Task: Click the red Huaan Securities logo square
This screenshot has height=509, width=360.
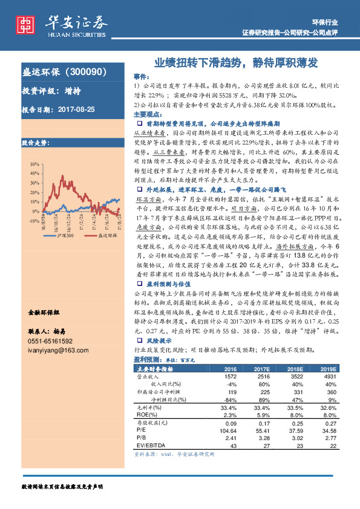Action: tap(25, 23)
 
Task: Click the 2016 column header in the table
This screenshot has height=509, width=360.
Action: tap(230, 368)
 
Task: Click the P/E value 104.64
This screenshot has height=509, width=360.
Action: tap(228, 430)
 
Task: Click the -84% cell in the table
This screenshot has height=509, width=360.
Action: tap(230, 399)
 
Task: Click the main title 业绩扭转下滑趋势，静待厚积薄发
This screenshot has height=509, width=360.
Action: tap(236, 62)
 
